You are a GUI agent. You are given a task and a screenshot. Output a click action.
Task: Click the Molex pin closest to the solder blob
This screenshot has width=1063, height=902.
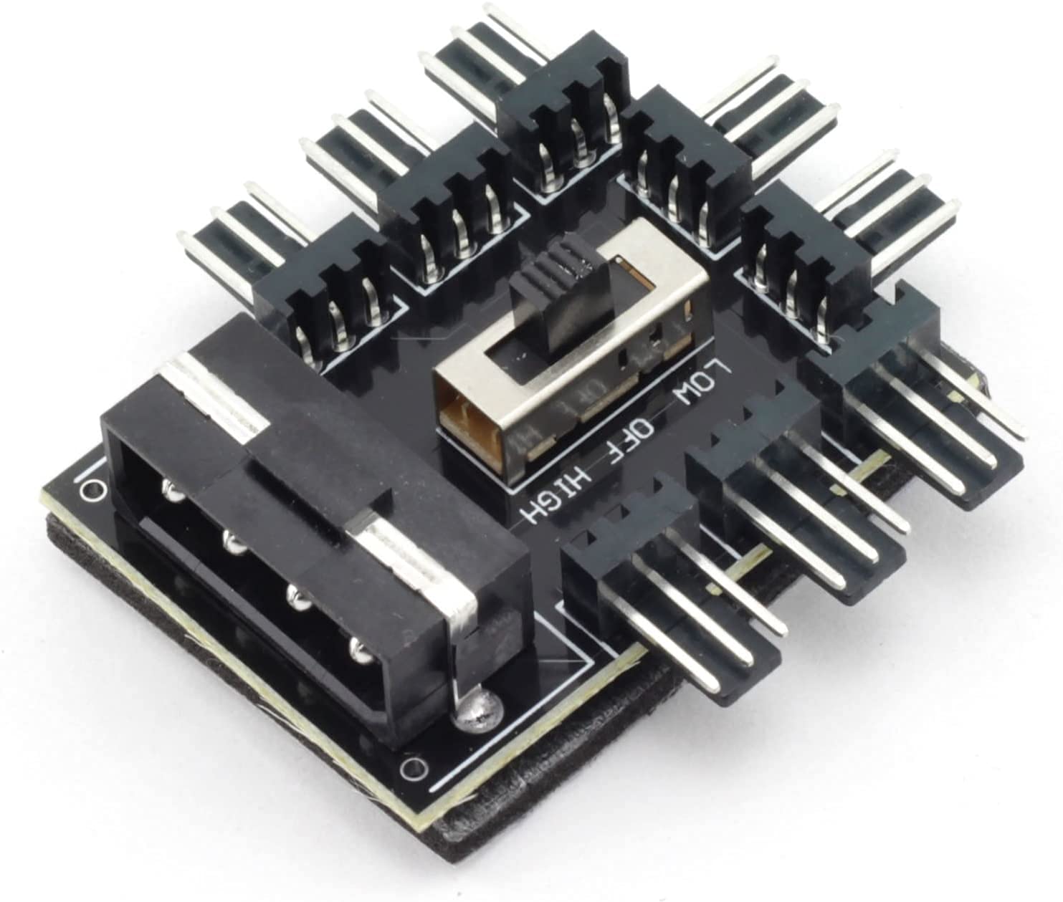coord(358,651)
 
